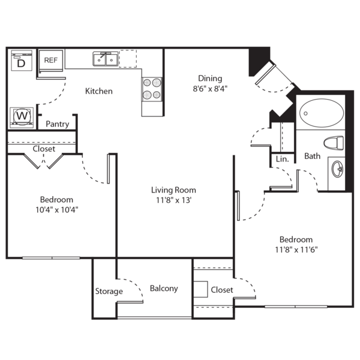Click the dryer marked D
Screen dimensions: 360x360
pos(21,61)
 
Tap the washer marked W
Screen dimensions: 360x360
pos(22,116)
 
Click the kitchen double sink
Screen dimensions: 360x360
pos(105,59)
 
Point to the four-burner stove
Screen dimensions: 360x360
pos(152,89)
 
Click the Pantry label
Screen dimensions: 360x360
pos(58,124)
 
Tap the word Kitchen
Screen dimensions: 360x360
pos(99,91)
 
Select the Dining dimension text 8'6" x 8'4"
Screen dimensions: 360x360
pos(210,88)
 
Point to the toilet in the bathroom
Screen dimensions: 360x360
pos(332,143)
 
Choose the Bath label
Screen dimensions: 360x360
pos(312,156)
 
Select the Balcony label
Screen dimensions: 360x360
pos(164,288)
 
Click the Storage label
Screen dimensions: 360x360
pos(109,292)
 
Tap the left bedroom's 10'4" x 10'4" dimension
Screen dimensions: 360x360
pos(57,210)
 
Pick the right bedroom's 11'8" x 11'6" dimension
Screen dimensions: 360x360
pos(295,249)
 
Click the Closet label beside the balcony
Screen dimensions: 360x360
pos(222,290)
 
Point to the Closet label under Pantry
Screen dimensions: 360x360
pos(44,149)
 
